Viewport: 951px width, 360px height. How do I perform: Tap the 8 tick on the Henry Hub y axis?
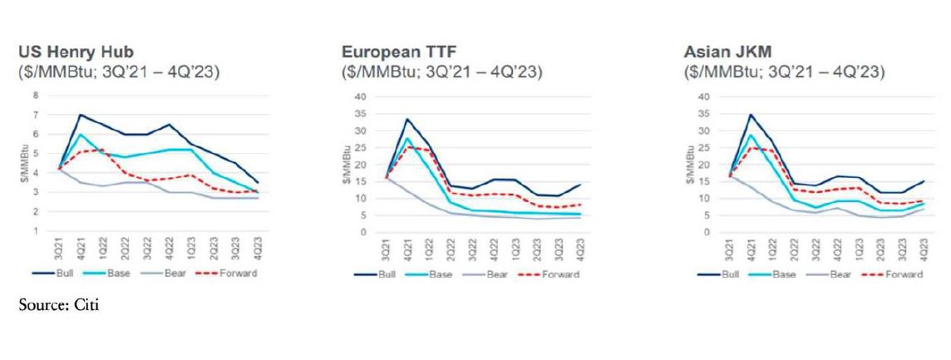(x=36, y=96)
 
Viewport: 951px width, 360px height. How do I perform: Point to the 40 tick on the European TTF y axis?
(x=360, y=96)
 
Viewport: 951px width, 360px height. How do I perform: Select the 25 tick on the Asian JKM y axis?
(x=703, y=147)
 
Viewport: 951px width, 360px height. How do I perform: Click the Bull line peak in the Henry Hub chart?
(x=81, y=115)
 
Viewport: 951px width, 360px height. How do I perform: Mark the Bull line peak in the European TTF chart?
(x=407, y=119)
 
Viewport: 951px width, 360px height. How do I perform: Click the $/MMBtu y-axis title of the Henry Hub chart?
(x=22, y=165)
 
